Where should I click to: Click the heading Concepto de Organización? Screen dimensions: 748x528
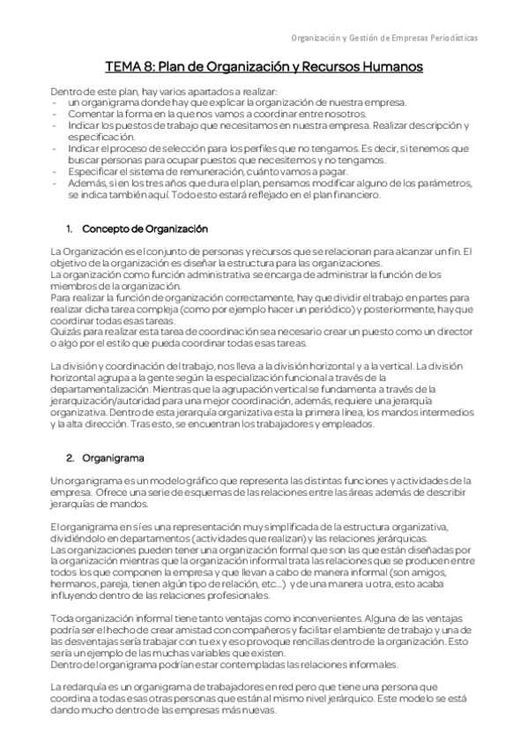(145, 229)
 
